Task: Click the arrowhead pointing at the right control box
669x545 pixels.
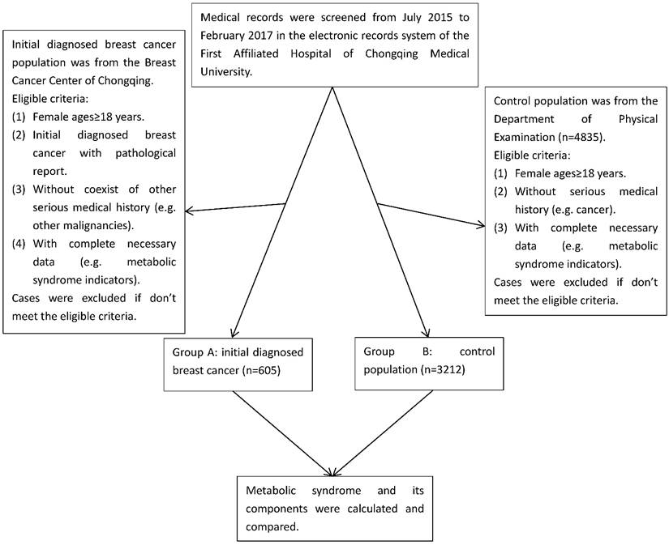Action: tap(480, 226)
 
